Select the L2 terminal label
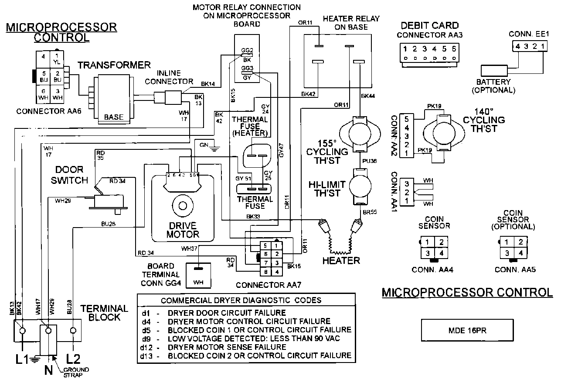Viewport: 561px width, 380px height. pyautogui.click(x=73, y=359)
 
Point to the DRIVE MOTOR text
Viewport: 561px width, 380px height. pyautogui.click(x=182, y=230)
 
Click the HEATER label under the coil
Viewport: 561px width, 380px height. pyautogui.click(x=341, y=261)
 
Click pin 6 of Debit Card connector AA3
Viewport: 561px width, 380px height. pyautogui.click(x=454, y=49)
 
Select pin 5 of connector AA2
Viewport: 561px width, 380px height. pyautogui.click(x=406, y=118)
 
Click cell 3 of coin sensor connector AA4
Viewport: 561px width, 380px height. pyautogui.click(x=428, y=253)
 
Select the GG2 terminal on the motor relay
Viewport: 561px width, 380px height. pyautogui.click(x=247, y=50)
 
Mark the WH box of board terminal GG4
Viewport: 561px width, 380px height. pyautogui.click(x=198, y=283)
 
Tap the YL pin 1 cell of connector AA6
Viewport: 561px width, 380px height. pyautogui.click(x=56, y=59)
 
